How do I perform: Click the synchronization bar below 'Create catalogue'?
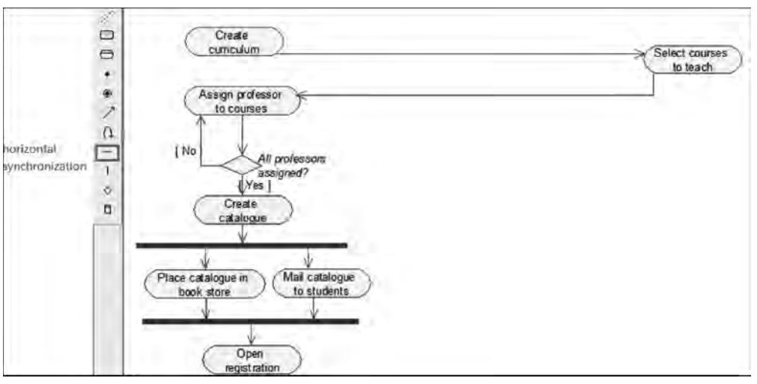click(241, 244)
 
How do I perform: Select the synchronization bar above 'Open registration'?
click(250, 321)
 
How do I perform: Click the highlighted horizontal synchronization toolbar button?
click(107, 152)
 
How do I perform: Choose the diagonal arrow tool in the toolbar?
click(106, 112)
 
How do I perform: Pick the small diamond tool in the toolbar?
click(107, 190)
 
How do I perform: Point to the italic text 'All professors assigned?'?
click(290, 166)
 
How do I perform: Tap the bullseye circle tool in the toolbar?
click(106, 93)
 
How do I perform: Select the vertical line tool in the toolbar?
click(107, 171)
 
